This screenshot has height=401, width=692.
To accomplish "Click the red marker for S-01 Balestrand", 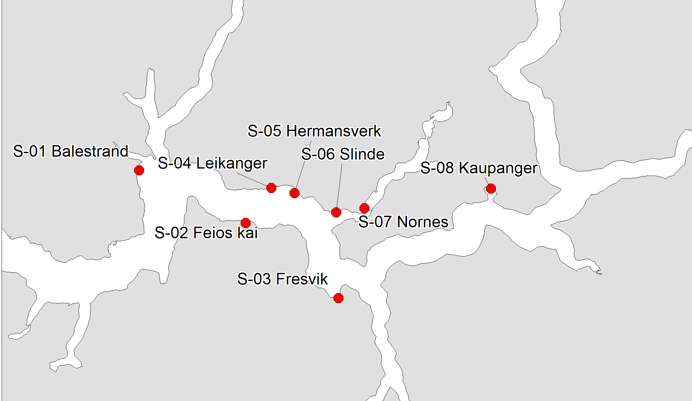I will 139,170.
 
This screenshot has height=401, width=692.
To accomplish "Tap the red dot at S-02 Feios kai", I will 246,222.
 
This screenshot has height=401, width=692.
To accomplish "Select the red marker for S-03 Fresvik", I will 338,298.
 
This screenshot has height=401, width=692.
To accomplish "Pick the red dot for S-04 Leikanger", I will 271,187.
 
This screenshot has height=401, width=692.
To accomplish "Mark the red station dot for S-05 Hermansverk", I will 294,193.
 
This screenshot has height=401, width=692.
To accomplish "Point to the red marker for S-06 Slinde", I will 336,212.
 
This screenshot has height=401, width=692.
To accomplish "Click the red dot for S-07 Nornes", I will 364,208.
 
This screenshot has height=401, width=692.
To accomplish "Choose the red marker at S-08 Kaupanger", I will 491,188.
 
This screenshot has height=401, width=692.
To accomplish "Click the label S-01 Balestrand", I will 71,151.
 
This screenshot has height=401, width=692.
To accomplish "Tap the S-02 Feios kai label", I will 206,233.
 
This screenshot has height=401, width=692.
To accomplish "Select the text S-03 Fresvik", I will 282,279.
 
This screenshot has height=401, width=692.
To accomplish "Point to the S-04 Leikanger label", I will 212,163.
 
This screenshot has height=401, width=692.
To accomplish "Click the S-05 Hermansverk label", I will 314,131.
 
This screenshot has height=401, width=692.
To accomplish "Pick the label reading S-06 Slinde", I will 343,154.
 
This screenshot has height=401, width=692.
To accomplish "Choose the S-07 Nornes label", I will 403,222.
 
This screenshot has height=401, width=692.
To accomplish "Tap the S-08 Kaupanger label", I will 479,168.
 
